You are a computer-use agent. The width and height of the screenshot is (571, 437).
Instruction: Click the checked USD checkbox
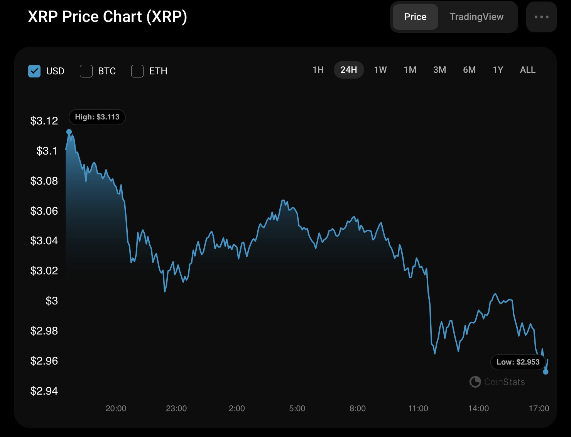click(x=34, y=71)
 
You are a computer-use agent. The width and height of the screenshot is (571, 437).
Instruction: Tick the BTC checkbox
click(x=86, y=71)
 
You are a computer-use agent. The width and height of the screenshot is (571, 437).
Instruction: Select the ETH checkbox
click(x=137, y=71)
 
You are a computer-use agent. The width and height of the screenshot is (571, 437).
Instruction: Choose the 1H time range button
click(x=318, y=70)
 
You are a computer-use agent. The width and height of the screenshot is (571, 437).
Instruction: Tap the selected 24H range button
click(x=349, y=70)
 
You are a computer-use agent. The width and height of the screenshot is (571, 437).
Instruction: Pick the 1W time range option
click(x=380, y=70)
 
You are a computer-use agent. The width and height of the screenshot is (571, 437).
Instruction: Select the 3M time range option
click(x=439, y=70)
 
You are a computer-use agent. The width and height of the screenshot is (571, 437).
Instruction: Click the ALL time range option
click(x=527, y=70)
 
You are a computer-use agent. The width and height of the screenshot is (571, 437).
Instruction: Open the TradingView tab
click(x=476, y=17)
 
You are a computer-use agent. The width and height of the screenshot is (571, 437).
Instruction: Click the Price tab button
click(x=415, y=17)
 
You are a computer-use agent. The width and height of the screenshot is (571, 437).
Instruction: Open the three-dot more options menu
click(x=541, y=17)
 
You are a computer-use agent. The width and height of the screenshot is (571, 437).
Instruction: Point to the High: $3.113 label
click(x=97, y=117)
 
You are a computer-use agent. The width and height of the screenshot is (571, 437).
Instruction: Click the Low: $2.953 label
click(x=518, y=362)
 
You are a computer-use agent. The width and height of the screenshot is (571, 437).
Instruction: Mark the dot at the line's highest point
click(x=69, y=132)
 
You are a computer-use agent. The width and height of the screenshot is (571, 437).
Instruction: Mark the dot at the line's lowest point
click(x=546, y=372)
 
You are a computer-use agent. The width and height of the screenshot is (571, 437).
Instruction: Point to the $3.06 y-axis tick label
click(x=44, y=211)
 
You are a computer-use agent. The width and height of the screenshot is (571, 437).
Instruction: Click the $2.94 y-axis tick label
click(x=44, y=391)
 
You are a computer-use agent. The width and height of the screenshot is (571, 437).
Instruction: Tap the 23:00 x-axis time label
click(x=176, y=408)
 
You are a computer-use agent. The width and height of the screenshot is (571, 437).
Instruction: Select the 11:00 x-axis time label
click(x=418, y=408)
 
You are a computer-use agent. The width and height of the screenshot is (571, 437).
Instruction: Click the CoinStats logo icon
click(x=475, y=382)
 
